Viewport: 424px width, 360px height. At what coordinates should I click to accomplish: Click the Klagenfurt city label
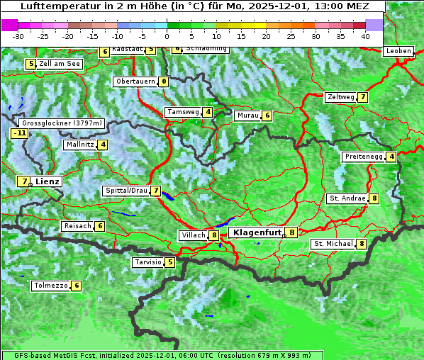255,232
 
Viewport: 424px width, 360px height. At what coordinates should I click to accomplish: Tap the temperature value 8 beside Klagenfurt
291,232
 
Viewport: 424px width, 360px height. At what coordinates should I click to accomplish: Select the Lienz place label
48,181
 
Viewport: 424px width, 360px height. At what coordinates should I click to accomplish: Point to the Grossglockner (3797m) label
63,123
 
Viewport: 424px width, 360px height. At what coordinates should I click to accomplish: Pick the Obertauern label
135,81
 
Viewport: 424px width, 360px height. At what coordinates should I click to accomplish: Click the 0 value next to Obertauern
164,81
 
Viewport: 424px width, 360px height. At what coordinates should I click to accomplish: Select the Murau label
247,116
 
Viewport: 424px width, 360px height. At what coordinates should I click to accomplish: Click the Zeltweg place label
340,97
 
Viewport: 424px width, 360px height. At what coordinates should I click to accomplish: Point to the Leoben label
398,51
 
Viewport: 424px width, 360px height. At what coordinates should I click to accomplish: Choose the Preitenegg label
364,157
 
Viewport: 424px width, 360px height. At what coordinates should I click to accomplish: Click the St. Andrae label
347,198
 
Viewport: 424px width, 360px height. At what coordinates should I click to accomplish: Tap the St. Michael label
333,244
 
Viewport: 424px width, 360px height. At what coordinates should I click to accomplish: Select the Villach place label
193,235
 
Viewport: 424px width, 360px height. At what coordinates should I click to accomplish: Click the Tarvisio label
147,262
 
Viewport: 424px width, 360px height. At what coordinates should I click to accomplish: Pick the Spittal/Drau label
126,191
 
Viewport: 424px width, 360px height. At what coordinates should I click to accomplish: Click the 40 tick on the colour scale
364,36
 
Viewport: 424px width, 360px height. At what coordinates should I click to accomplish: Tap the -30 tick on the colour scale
18,36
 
